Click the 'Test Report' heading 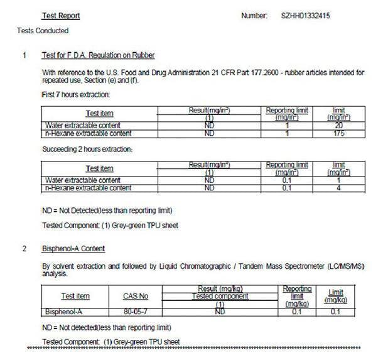[x=60, y=16]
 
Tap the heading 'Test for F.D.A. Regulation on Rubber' [x=99, y=56]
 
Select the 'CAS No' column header [x=136, y=296]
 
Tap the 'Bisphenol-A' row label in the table [x=60, y=312]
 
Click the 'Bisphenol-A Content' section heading [x=73, y=249]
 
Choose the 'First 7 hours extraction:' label [x=75, y=94]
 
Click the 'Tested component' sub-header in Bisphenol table [x=220, y=296]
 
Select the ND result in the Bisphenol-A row [x=220, y=312]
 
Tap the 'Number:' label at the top [x=254, y=15]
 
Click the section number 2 [x=24, y=249]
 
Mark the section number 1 [x=24, y=56]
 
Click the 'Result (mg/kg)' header [x=219, y=288]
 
